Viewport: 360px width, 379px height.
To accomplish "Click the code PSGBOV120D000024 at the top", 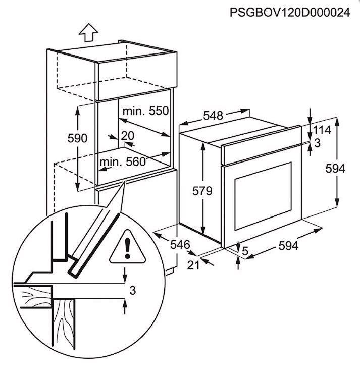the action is click(x=290, y=12).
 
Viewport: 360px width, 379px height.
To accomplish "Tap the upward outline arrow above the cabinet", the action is click(x=88, y=33).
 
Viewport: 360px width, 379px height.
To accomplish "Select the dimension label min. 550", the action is click(x=145, y=111).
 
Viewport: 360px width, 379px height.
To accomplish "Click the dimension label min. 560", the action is click(x=123, y=161).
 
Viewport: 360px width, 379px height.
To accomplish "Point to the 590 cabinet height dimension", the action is click(x=77, y=138).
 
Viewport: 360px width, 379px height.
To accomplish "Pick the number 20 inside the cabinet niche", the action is click(x=127, y=136).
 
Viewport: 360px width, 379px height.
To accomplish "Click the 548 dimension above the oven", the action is click(x=213, y=116).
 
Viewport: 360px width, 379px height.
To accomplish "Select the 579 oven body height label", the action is click(x=202, y=191).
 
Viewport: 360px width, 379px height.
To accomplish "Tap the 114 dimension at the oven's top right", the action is click(x=322, y=130).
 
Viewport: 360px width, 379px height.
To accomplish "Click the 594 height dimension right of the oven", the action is click(x=335, y=168).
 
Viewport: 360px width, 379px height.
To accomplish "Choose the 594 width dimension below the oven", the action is click(x=288, y=246).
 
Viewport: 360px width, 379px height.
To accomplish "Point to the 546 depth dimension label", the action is click(x=180, y=245).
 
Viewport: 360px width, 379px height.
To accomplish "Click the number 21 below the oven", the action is click(x=193, y=265).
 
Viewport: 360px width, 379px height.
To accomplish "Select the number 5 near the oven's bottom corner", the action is click(x=245, y=251).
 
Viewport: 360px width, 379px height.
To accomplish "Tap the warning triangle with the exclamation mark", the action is click(x=127, y=247).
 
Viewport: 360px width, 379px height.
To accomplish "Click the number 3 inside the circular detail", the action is click(x=133, y=290).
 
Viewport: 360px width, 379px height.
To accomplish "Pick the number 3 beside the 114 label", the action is click(x=317, y=143).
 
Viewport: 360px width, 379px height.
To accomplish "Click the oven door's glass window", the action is click(x=263, y=196).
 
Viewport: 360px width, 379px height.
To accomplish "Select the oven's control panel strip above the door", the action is click(x=261, y=145).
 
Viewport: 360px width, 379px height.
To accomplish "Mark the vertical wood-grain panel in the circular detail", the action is click(x=63, y=323).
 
